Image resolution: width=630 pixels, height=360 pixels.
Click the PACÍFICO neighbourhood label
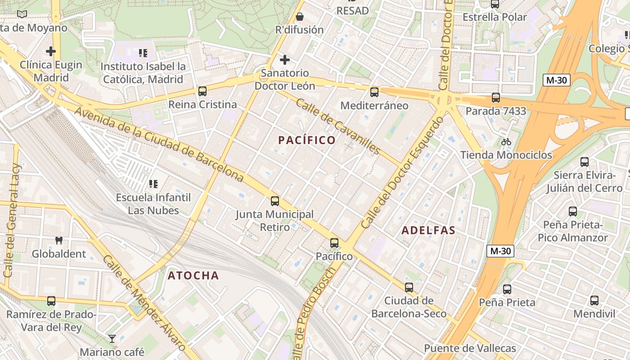tap(307, 140)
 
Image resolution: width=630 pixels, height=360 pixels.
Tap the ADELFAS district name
tap(428, 230)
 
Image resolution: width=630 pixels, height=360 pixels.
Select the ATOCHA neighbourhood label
tap(193, 275)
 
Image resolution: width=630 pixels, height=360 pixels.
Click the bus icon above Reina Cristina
tap(202, 91)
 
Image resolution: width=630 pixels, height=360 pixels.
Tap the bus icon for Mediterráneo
tap(374, 92)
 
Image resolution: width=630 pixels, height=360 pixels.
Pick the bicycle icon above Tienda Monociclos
tap(506, 142)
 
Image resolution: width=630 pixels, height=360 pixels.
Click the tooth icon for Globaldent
tap(58, 240)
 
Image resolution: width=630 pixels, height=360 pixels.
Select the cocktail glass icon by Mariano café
tap(112, 338)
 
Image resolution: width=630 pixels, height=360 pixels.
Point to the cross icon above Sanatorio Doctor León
tap(284, 60)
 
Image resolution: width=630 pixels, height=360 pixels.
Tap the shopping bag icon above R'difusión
tap(299, 17)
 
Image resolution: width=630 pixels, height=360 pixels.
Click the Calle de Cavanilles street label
tap(338, 126)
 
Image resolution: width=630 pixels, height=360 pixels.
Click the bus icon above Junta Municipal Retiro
tap(274, 201)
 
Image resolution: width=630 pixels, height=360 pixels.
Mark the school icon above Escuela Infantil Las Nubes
tap(153, 184)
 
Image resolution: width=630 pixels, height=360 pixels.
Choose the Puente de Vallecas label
tap(470, 348)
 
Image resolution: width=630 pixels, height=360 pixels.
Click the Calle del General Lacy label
tap(12, 220)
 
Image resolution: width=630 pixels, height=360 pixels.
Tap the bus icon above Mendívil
tap(594, 300)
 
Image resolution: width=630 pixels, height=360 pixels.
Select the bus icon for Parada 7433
tap(495, 97)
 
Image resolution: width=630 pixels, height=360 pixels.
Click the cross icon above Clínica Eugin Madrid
tap(51, 51)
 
